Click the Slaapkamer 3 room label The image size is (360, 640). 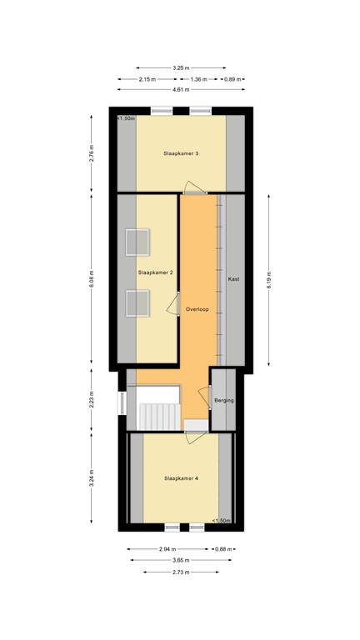click(x=181, y=153)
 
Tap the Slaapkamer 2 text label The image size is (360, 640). click(x=155, y=272)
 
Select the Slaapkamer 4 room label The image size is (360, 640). click(x=181, y=478)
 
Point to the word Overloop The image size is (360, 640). click(x=197, y=309)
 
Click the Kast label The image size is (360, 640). click(x=233, y=279)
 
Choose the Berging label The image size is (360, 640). click(x=224, y=401)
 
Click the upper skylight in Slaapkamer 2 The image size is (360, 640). click(x=137, y=242)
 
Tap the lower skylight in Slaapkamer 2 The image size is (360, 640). click(x=137, y=304)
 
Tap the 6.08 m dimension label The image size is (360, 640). click(x=92, y=279)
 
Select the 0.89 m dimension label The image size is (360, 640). click(x=233, y=79)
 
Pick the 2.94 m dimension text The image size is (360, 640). click(x=167, y=549)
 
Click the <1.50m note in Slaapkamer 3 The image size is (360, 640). click(x=127, y=118)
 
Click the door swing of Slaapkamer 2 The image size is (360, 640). click(x=172, y=306)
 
